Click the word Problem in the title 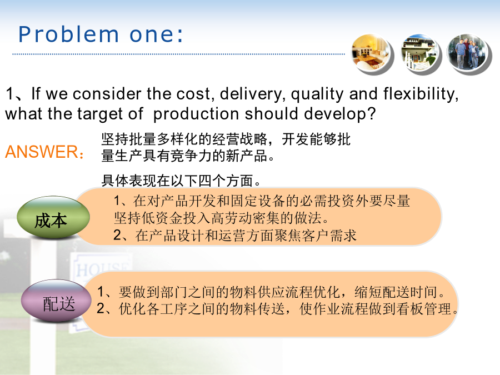pyautogui.click(x=68, y=34)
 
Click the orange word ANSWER pyautogui.click(x=42, y=152)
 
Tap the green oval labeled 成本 pyautogui.click(x=53, y=217)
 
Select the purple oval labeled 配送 pyautogui.click(x=56, y=301)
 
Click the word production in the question pyautogui.click(x=196, y=114)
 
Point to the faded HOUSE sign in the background pyautogui.click(x=102, y=270)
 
